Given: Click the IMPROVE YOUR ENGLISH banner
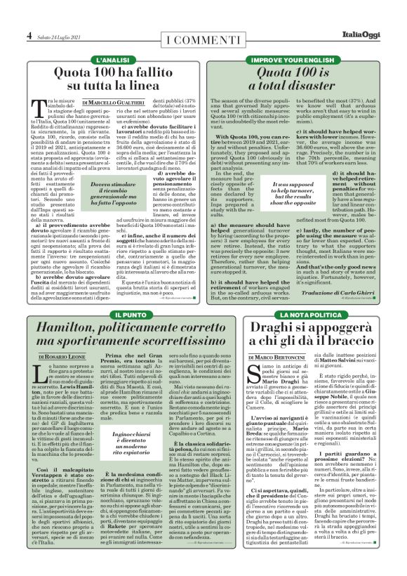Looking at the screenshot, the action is point(305,62).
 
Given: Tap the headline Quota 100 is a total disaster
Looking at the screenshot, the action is point(305,81).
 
